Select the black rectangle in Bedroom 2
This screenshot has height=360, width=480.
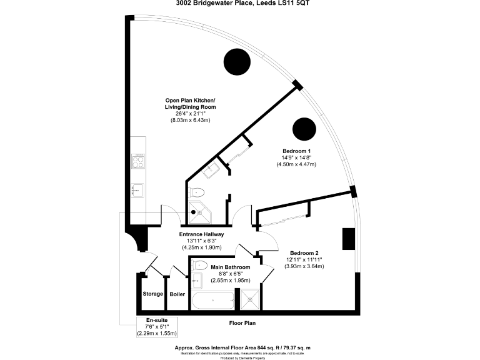tap(347, 239)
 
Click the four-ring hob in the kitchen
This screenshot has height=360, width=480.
tap(138, 161)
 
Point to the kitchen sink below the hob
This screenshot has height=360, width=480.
tap(137, 189)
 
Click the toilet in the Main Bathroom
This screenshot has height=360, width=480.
tap(200, 266)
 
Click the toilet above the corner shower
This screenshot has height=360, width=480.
tap(198, 192)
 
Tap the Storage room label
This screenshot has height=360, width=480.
tap(152, 294)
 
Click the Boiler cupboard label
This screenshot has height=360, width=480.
tap(177, 294)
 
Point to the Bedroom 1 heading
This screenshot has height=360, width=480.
tap(296, 152)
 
